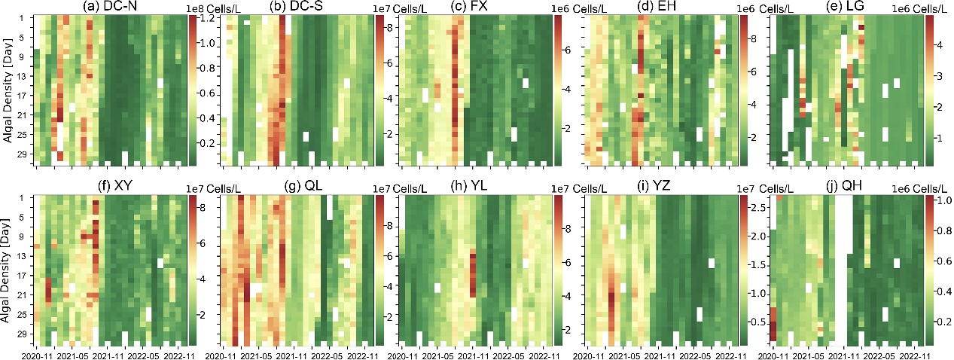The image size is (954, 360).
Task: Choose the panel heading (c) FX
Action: coord(474,8)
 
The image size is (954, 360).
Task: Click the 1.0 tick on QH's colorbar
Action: coord(936,202)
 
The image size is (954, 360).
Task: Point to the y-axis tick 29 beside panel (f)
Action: coord(22,333)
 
